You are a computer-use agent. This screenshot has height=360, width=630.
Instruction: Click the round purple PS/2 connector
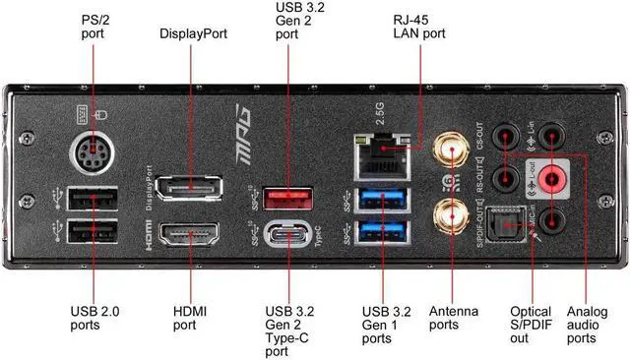94,155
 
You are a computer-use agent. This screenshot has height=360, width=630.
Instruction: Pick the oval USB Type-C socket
288,238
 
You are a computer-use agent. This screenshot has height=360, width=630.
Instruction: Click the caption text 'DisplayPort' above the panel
193,33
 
